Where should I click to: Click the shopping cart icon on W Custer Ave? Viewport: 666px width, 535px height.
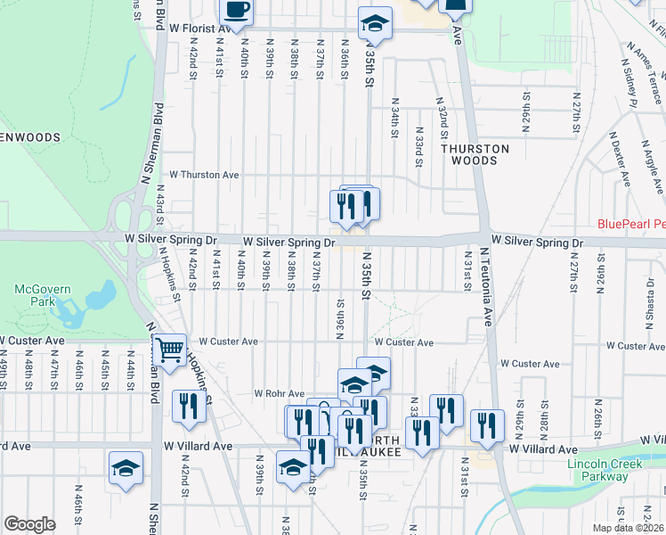coord(169,349)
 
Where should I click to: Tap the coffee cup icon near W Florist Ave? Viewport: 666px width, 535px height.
coord(237,11)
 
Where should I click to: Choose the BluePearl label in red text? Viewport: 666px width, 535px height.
coord(631,223)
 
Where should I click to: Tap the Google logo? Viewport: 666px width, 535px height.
coord(29,524)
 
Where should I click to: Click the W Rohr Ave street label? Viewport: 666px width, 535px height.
coord(280,393)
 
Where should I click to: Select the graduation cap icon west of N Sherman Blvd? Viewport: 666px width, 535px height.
coord(126,467)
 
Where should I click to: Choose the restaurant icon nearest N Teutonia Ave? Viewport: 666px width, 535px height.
coord(487,425)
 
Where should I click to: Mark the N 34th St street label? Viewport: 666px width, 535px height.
coord(394,124)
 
